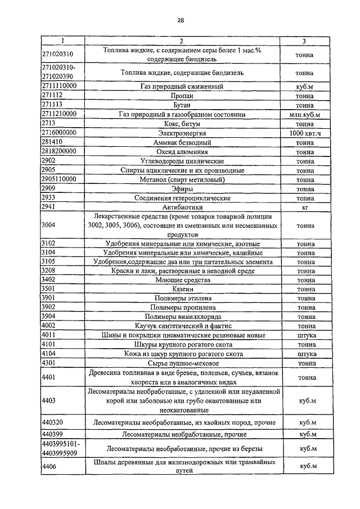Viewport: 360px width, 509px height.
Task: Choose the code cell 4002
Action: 49,326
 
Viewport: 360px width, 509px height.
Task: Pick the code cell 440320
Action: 53,422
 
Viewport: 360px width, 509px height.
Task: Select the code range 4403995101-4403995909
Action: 61,448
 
